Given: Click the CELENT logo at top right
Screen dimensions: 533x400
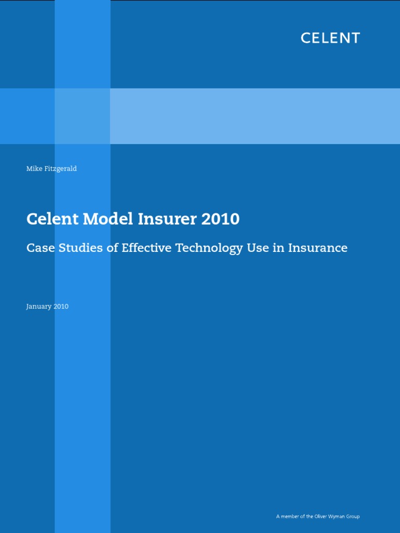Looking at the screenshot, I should click(330, 38).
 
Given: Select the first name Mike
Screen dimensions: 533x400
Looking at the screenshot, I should click(33, 169).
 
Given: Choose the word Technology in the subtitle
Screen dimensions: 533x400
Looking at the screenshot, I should click(210, 248).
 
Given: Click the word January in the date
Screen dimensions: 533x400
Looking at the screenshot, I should click(39, 307).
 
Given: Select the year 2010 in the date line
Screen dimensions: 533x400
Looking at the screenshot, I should click(61, 307).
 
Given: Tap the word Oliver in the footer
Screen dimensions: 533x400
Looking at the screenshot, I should click(322, 516).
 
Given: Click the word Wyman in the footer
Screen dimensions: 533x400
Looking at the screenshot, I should click(339, 516).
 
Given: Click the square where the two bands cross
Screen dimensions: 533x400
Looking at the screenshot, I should click(82, 116).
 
